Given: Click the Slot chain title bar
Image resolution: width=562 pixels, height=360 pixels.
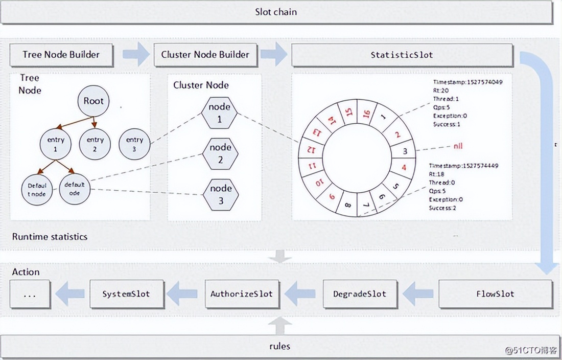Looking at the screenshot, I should coord(276,12).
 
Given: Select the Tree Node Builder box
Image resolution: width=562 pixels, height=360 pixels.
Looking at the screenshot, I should coord(61,55).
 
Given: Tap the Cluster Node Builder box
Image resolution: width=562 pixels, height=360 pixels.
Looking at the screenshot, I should coord(205,55).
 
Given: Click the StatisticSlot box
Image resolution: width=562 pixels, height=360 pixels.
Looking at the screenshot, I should coord(402,55).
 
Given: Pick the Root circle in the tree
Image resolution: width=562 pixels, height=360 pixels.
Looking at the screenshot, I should coord(93,101).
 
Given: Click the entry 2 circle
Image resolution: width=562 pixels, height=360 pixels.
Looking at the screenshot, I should coord(95,144).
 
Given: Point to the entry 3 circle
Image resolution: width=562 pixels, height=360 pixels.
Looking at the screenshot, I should coord(134,144).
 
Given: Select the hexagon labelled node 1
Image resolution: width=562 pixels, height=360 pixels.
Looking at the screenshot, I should coord(220,113).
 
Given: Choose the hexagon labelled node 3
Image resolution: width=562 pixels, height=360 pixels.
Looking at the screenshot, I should coord(221,194).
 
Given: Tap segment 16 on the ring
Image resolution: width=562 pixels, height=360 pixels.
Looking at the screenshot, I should coord(366,114).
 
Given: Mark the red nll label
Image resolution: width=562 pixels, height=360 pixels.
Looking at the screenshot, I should coord(457,146).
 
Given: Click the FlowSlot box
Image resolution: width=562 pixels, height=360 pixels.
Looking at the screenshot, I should coord(495,294).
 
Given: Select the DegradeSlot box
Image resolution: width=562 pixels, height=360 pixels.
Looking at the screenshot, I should coord(360,294).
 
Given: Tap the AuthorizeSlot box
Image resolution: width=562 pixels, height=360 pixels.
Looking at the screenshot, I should coord(242,294).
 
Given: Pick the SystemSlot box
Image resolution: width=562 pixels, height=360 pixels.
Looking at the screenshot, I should coord(127,294).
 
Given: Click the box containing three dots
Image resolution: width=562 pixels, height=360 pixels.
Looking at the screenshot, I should coord(30,294).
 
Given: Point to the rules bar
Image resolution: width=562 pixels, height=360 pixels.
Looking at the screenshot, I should coord(279,346).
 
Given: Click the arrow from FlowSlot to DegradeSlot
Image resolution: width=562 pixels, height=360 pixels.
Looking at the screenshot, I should coord(417,294).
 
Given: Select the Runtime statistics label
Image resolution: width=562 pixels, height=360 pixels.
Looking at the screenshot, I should coord(50,237).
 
